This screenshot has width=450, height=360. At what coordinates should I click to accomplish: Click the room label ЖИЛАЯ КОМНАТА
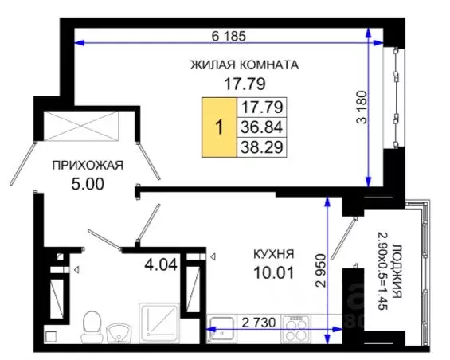244,65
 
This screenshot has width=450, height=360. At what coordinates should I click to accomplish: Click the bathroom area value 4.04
157,260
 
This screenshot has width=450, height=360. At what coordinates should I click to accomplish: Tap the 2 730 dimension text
257,322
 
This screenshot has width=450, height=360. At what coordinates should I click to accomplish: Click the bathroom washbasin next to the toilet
119,331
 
